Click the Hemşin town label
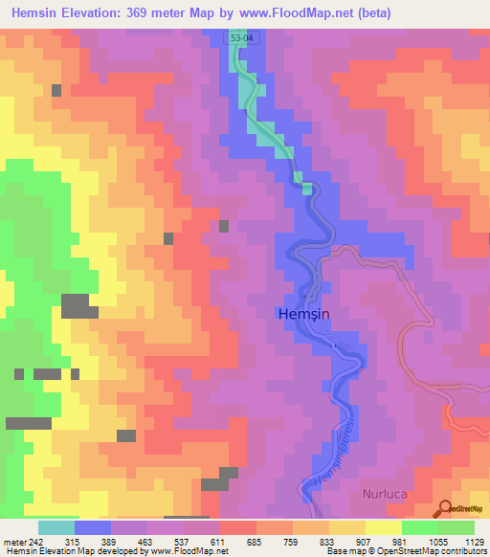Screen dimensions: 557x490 click(x=305, y=313)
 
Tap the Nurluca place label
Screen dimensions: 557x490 click(x=384, y=495)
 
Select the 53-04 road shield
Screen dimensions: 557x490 click(x=243, y=37)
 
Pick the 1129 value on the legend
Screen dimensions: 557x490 click(x=474, y=541)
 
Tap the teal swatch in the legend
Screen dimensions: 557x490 click(x=56, y=527)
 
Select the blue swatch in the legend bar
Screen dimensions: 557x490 click(x=93, y=527)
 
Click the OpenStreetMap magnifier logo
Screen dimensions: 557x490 click(x=444, y=509)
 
